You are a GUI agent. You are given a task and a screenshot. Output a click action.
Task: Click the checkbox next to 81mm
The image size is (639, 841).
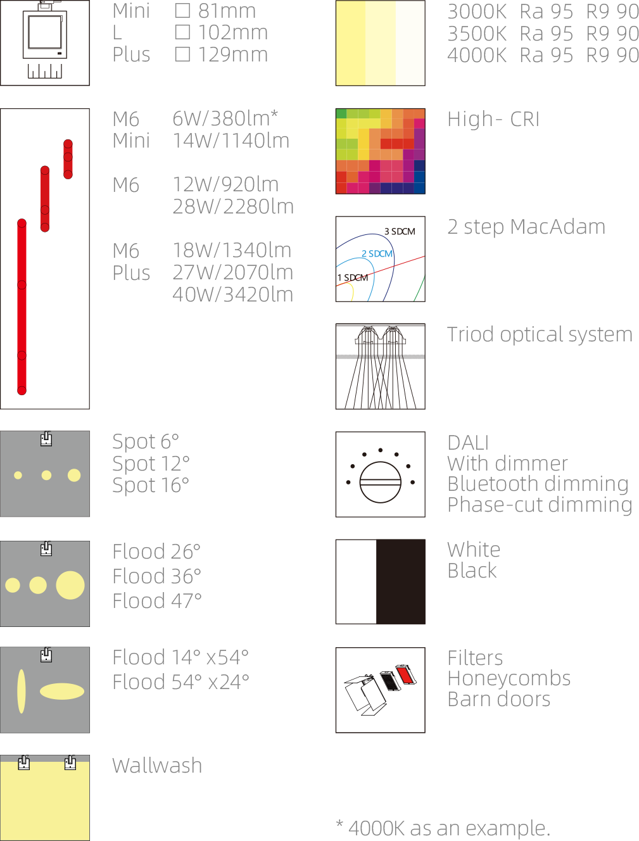[x=182, y=11]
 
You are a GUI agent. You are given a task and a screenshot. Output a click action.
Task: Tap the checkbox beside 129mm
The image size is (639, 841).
[x=182, y=54]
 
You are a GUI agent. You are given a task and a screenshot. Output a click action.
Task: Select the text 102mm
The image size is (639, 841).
[x=232, y=32]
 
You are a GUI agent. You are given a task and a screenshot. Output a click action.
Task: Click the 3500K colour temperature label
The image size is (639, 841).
[x=477, y=34]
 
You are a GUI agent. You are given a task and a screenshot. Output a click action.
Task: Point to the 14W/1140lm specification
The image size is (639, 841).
[x=231, y=141]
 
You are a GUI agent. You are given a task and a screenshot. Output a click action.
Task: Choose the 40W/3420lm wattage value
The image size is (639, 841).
[x=232, y=294]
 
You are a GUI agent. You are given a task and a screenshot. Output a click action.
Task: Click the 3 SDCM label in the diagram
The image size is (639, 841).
[x=400, y=231]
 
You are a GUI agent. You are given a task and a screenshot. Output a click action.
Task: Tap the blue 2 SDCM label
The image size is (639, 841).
[x=377, y=254]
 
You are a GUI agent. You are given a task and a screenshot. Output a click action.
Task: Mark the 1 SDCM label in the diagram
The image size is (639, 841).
[x=353, y=277]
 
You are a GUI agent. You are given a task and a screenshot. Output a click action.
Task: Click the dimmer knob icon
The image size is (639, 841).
[x=380, y=482]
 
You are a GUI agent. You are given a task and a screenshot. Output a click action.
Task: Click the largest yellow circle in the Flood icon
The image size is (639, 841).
[x=70, y=585]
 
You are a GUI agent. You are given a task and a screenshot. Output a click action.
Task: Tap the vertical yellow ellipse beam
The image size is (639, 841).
[x=22, y=691]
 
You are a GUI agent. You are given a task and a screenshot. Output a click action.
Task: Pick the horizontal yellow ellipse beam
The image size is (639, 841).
[x=62, y=691]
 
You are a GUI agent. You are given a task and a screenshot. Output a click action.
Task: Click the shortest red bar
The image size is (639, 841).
[x=68, y=159]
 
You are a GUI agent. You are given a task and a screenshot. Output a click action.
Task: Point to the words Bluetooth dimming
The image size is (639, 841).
[x=538, y=484]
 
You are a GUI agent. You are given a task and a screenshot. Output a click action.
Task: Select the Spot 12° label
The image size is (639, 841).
[x=151, y=464]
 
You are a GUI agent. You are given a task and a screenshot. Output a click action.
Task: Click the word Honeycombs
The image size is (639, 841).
[x=509, y=679]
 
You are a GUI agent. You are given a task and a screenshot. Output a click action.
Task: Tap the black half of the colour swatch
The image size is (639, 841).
[x=400, y=581]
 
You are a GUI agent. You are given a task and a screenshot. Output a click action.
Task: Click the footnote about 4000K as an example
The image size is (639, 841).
[x=443, y=828]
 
